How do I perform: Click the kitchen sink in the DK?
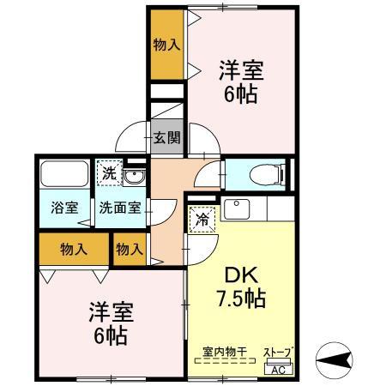point(235,208)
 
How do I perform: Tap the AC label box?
point(278,369)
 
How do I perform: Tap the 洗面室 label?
point(119,207)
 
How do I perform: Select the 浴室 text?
point(63,207)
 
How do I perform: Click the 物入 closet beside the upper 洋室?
point(166,45)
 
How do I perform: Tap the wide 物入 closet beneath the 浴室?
point(74,250)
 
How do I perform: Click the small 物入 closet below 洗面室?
point(129,250)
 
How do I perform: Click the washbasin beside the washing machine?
point(133,177)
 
